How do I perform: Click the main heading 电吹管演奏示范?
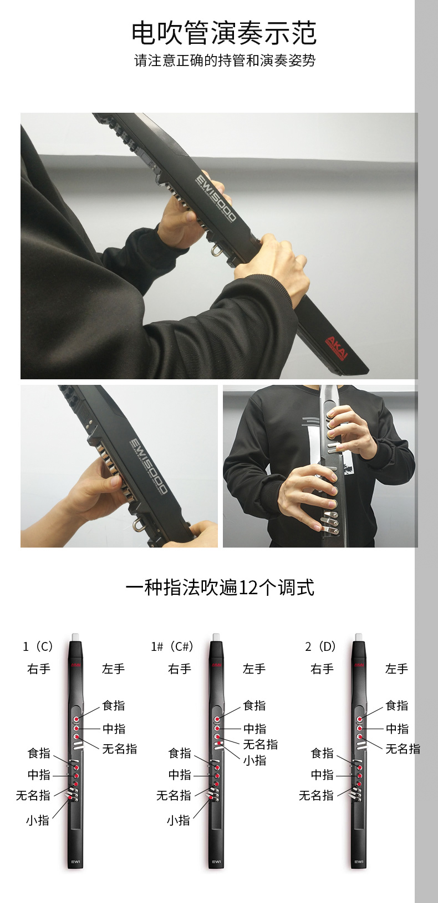point(223,33)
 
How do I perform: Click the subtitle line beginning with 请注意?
point(225,61)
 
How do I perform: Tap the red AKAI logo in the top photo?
point(336,348)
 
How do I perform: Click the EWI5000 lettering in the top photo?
point(216,198)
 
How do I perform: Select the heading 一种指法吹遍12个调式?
point(220,588)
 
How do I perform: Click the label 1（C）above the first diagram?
point(38,646)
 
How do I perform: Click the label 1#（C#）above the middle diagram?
point(172,646)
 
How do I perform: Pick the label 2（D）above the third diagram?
point(320,646)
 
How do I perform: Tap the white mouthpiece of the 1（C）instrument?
point(76,636)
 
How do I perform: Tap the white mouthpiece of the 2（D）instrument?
point(359,636)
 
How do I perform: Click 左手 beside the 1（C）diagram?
point(114,669)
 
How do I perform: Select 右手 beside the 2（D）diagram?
point(322,669)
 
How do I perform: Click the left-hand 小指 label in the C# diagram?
point(254,760)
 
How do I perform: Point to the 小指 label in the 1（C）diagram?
point(38,820)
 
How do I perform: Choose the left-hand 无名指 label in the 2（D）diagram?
point(403,749)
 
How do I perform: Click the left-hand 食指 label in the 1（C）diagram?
point(114,706)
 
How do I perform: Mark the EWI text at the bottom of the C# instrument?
point(217,862)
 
